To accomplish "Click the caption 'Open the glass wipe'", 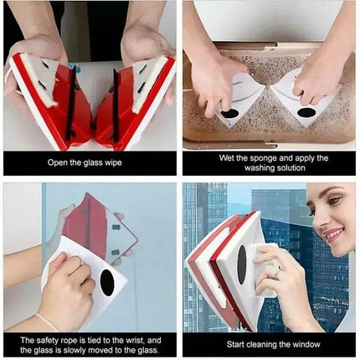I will (x=90, y=162).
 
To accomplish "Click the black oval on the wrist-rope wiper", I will (x=107, y=282).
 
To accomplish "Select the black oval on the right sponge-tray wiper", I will (x=307, y=112).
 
